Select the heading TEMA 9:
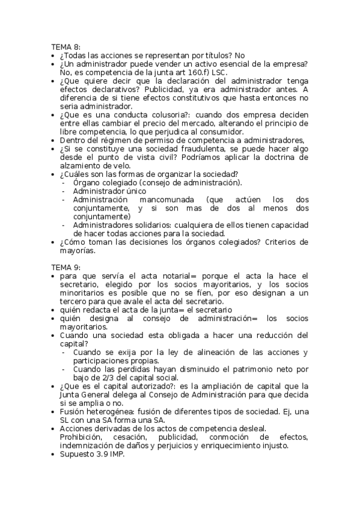tap(66, 266)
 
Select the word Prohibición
tap(84, 437)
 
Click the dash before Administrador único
tap(64, 191)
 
